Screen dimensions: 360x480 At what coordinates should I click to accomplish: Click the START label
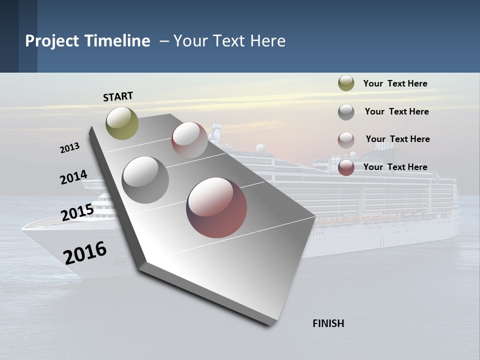pos(118,96)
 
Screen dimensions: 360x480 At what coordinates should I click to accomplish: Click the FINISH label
pos(328,323)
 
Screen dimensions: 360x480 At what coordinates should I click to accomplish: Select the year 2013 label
pos(69,148)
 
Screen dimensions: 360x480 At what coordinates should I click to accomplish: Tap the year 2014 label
pos(73,177)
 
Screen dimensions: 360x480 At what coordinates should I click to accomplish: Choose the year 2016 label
pos(85,252)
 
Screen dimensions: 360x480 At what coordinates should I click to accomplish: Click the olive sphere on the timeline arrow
pos(122,123)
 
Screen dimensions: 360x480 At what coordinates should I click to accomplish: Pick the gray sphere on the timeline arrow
pos(145,180)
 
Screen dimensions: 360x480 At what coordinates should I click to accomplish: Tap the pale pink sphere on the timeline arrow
pos(189,140)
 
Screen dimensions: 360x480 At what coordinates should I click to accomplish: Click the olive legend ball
pos(346,83)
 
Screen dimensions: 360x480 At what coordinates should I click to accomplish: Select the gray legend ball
pos(346,111)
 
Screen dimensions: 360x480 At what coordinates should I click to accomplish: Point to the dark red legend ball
pos(346,167)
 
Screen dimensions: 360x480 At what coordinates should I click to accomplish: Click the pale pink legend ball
pos(346,139)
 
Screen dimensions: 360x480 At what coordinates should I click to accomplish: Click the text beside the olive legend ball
pos(395,83)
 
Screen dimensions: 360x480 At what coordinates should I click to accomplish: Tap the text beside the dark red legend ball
pos(395,167)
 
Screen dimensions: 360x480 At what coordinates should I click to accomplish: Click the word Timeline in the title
pos(118,41)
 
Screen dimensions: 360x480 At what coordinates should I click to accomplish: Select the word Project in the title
pos(52,41)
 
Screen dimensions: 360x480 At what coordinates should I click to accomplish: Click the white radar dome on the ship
pos(260,148)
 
